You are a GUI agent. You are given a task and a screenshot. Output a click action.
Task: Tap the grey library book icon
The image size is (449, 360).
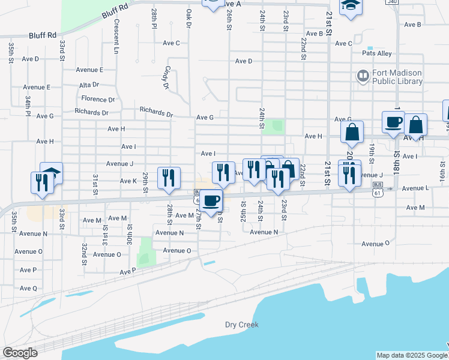(363, 77)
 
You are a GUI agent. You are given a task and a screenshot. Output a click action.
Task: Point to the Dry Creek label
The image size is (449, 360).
(241, 325)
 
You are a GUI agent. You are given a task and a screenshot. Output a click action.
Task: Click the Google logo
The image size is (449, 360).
(20, 353)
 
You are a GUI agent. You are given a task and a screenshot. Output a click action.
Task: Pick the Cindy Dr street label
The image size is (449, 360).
(166, 77)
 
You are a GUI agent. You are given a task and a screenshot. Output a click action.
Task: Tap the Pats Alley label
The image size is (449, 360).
(376, 53)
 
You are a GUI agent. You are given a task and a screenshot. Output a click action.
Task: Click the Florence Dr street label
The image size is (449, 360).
(98, 99)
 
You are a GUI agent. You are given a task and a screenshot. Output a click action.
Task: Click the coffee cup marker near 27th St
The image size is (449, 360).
(210, 200)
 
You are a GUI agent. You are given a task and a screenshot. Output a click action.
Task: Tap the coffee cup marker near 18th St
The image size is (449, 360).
(394, 123)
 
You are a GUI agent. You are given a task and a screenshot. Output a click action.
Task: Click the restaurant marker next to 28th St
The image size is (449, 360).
(169, 178)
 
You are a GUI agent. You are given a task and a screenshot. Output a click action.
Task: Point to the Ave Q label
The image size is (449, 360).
(28, 288)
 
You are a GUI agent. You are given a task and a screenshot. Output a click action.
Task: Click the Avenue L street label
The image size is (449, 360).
(415, 188)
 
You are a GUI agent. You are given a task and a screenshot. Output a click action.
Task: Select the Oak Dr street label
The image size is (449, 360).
(188, 18)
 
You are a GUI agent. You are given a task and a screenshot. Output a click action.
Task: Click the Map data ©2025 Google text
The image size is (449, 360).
(411, 355)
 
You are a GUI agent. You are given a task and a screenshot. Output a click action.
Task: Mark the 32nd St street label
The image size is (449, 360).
(85, 254)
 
